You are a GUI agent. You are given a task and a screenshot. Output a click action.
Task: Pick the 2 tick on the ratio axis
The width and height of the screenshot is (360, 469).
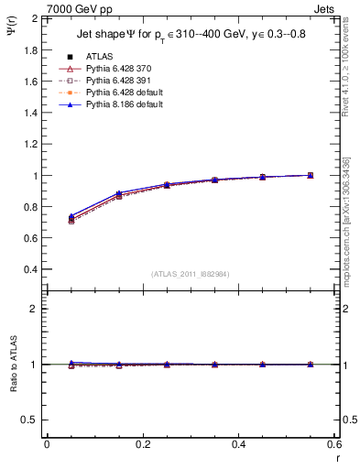pos(35,309)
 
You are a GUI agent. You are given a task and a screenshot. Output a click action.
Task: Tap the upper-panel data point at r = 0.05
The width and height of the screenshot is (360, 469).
pos(71,218)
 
